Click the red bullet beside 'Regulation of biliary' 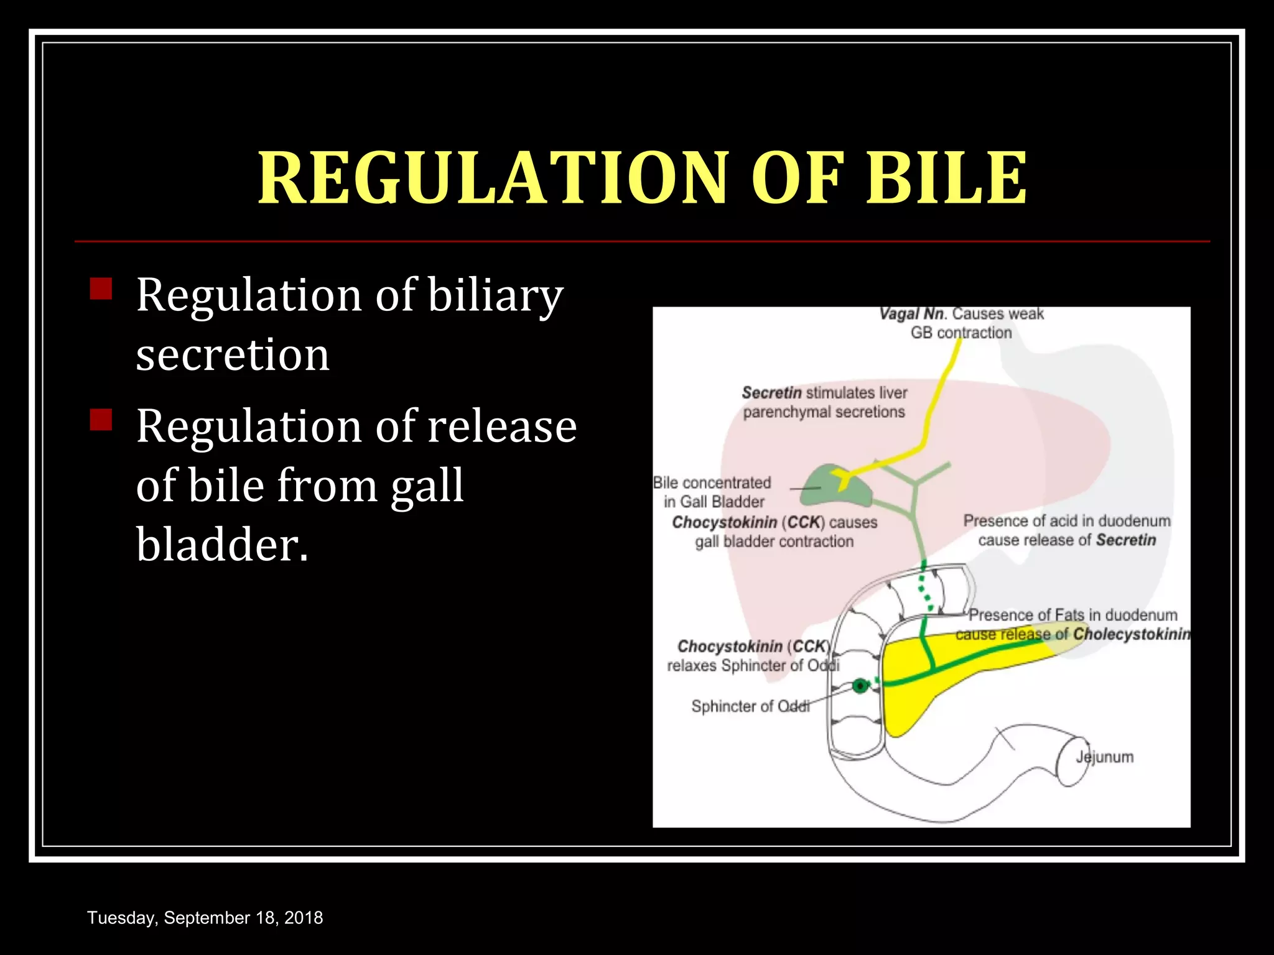click(101, 289)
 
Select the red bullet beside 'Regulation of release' click(101, 420)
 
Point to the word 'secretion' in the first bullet click(233, 355)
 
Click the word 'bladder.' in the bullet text click(222, 545)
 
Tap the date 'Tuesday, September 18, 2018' click(205, 918)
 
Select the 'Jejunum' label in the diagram click(1105, 757)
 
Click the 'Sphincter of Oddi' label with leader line click(750, 706)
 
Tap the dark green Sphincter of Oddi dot click(860, 686)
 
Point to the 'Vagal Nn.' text click(912, 314)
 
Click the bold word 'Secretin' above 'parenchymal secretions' click(771, 393)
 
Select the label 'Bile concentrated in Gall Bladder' click(713, 492)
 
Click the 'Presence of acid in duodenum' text click(1067, 521)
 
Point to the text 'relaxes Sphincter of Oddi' click(753, 666)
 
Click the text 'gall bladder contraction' click(774, 542)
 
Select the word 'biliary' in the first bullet click(495, 295)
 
